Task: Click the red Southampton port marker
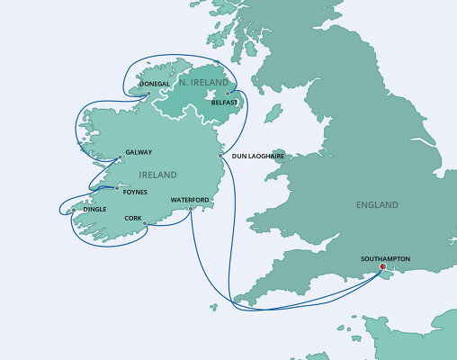click(x=382, y=266)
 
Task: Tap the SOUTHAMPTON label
click(x=385, y=258)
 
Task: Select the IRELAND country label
click(x=157, y=175)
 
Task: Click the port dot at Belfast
click(x=228, y=93)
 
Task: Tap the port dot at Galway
click(x=120, y=158)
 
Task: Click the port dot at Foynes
click(x=116, y=188)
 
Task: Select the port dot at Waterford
click(x=192, y=209)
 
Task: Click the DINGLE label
click(x=94, y=209)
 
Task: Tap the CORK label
click(x=133, y=217)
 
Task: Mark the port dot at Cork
click(x=144, y=223)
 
